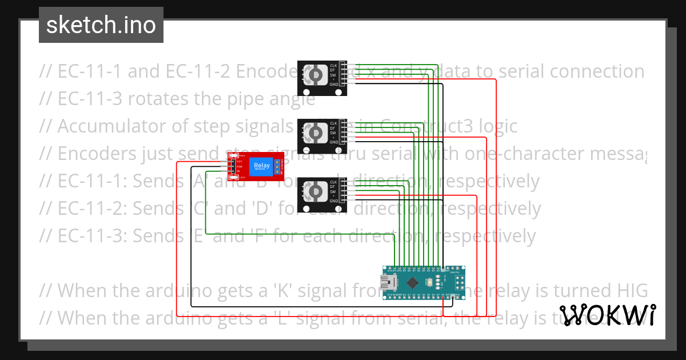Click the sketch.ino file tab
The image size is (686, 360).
[101, 25]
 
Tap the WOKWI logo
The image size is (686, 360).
[607, 315]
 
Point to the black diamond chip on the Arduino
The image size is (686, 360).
[412, 281]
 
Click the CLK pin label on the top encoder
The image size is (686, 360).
[333, 66]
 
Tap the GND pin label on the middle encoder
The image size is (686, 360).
[333, 142]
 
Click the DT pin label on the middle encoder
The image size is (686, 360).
[333, 128]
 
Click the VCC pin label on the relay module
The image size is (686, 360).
[240, 162]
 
